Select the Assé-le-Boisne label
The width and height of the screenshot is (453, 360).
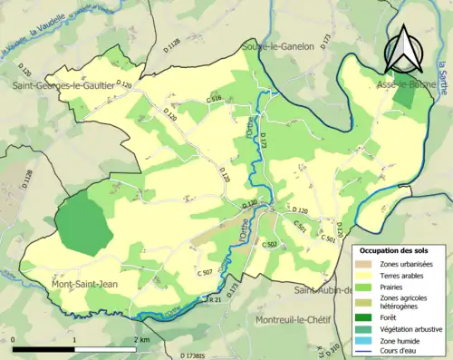pos(401,83)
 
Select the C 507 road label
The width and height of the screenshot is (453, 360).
pos(204,272)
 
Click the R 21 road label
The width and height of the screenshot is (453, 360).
pos(215,298)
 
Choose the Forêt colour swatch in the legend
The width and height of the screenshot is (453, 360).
pos(366,316)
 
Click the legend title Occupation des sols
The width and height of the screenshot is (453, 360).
pos(395,249)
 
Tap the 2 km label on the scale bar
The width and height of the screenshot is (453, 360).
pos(140,339)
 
